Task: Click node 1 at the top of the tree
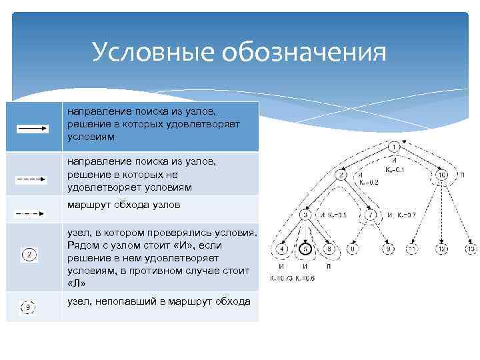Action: click(394, 146)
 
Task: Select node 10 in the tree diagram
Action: click(443, 175)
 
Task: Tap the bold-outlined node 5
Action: click(305, 249)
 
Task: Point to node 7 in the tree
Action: click(371, 215)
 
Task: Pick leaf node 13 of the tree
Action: click(471, 249)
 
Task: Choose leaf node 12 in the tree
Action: click(441, 249)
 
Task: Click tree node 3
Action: click(305, 215)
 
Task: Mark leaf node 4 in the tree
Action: click(281, 249)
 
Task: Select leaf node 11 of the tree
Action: click(413, 249)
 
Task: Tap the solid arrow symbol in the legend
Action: click(31, 129)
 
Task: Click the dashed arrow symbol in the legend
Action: click(31, 179)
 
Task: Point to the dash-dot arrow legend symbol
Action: click(30, 213)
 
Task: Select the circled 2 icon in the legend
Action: click(30, 254)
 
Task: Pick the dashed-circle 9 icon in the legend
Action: click(28, 307)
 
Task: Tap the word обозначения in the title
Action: click(307, 53)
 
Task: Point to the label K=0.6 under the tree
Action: click(305, 278)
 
